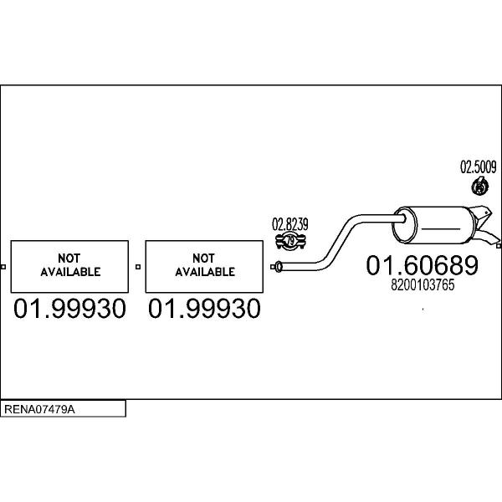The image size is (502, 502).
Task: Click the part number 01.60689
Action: pyautogui.click(x=422, y=265)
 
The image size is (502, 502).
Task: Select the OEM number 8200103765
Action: pyautogui.click(x=423, y=285)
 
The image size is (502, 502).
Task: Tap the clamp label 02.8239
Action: pyautogui.click(x=290, y=224)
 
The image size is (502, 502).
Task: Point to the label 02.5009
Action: pyautogui.click(x=479, y=167)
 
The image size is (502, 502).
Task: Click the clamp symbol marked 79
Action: pyautogui.click(x=290, y=241)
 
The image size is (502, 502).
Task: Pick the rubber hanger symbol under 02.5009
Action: pyautogui.click(x=479, y=186)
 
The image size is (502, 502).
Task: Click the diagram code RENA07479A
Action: pyautogui.click(x=39, y=409)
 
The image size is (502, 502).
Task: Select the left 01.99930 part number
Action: pyautogui.click(x=69, y=309)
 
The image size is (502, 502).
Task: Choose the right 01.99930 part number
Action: pyautogui.click(x=204, y=309)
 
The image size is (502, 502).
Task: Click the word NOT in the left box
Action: pyautogui.click(x=69, y=258)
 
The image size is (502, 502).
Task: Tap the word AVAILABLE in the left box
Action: pyautogui.click(x=70, y=272)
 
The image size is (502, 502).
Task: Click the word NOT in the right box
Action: pyautogui.click(x=203, y=258)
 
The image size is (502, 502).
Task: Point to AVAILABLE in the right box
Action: pyautogui.click(x=205, y=272)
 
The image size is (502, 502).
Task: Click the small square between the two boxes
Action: pyautogui.click(x=138, y=267)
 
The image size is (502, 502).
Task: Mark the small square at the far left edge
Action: pyautogui.click(x=3, y=267)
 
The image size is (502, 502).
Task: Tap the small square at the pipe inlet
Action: pyautogui.click(x=273, y=267)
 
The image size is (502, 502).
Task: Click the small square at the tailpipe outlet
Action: pyautogui.click(x=499, y=246)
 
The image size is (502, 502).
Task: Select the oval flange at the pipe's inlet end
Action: pyautogui.click(x=279, y=267)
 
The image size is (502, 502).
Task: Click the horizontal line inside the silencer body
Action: pyautogui.click(x=441, y=229)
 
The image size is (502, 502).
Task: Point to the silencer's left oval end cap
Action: pyautogui.click(x=405, y=225)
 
